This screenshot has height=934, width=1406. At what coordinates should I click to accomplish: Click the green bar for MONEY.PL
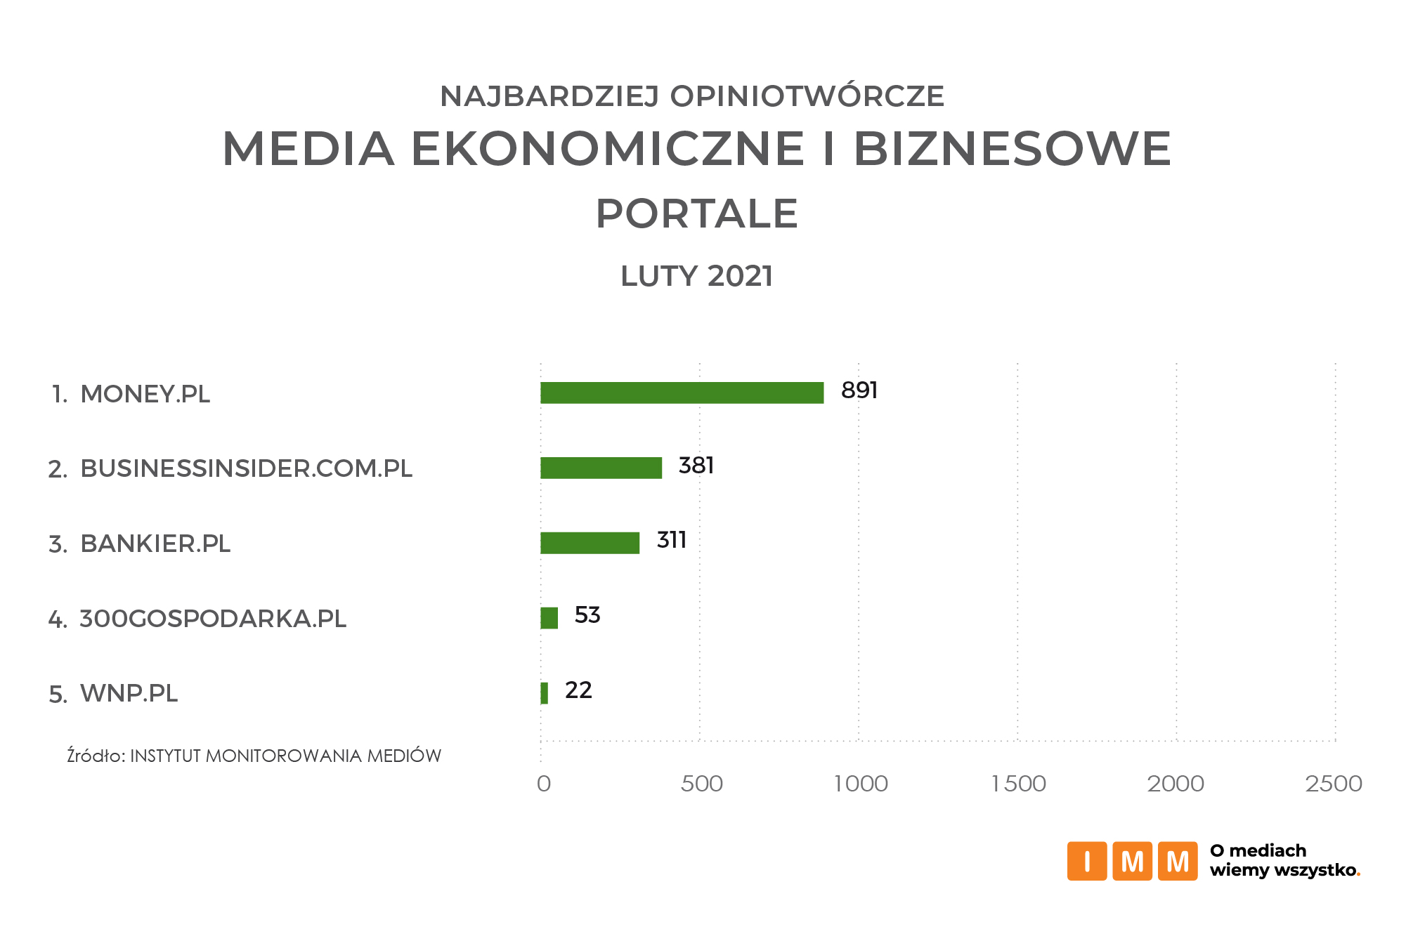click(x=682, y=393)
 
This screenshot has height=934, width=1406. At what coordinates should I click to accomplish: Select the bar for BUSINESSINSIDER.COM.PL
click(x=601, y=468)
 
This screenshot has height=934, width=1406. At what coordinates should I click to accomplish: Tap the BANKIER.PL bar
click(x=590, y=543)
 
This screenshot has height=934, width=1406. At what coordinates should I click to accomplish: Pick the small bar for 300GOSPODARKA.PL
click(x=549, y=618)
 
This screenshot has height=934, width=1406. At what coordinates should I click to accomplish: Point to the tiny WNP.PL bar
click(x=544, y=693)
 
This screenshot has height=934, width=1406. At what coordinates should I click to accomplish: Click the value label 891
click(x=859, y=390)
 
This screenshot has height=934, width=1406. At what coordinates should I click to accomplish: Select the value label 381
click(x=696, y=466)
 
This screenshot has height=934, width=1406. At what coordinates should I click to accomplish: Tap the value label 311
click(x=671, y=540)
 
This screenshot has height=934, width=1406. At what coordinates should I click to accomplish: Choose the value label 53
click(x=587, y=615)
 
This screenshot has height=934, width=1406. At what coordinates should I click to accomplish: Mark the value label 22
click(x=578, y=690)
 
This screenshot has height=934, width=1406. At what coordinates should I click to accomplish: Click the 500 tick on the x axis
click(x=701, y=784)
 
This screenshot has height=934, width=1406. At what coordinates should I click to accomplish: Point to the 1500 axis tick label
click(x=1018, y=784)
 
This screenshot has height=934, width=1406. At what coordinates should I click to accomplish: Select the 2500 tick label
click(x=1334, y=784)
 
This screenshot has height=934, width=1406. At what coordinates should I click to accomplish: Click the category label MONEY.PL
click(x=145, y=394)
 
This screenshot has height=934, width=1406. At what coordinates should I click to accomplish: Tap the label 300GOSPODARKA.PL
click(x=212, y=619)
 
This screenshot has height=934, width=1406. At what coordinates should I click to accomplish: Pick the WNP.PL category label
click(x=129, y=693)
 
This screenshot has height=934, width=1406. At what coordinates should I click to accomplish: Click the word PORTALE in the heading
click(x=696, y=213)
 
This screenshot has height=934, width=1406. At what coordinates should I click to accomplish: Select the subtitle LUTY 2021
click(x=696, y=276)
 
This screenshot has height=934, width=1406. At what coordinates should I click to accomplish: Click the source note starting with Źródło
click(x=254, y=756)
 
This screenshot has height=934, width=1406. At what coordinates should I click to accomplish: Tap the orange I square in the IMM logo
click(x=1086, y=861)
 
